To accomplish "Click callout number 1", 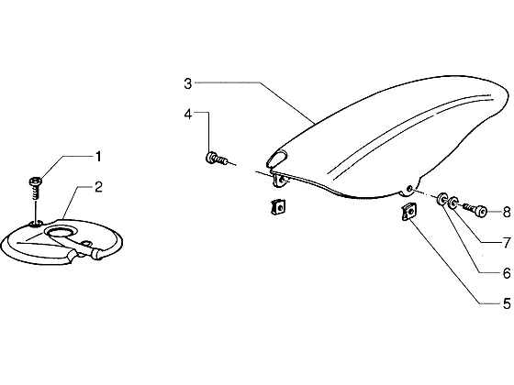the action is click(98, 157).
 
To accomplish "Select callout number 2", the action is click(98, 187).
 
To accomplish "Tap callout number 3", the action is click(187, 83).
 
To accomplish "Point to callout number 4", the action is click(188, 115).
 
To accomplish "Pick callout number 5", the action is click(507, 303).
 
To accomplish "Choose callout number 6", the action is click(507, 273).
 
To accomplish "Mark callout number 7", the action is click(507, 243).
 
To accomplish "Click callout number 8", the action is click(507, 212).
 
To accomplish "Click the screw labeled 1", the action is click(36, 188).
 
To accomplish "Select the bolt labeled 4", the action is click(217, 158).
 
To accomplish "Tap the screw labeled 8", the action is click(475, 209).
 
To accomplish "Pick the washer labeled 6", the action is click(442, 199).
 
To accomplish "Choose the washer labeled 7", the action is click(453, 203).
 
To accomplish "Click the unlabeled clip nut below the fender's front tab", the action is click(278, 207).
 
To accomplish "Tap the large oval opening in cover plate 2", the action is click(61, 233).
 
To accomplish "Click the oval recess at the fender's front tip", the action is click(277, 157).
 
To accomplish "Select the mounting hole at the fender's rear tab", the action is click(409, 189).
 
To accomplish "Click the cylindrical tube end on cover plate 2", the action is click(98, 254).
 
